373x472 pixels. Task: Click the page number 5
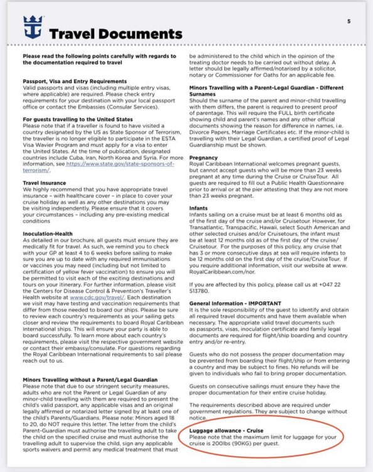coord(349,21)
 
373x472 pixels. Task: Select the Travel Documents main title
coord(115,33)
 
